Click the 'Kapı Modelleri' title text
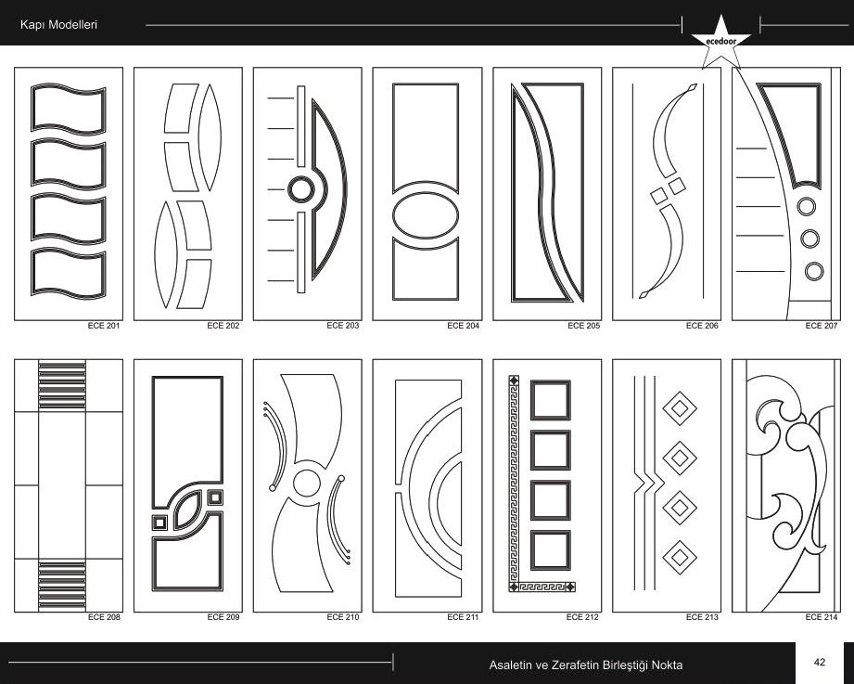click(58, 24)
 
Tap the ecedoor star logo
click(720, 42)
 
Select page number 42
click(819, 663)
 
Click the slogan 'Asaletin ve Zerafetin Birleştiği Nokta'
click(585, 665)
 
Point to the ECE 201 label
click(104, 326)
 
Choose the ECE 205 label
click(583, 326)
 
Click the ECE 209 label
click(223, 617)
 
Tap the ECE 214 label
click(822, 617)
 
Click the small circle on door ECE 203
click(300, 190)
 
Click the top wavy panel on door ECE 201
click(68, 109)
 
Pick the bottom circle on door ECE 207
click(814, 271)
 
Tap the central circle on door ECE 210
click(307, 483)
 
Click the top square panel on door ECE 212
click(551, 400)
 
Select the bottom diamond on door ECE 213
click(679, 557)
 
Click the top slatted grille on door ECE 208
click(62, 385)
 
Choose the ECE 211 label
click(463, 617)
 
